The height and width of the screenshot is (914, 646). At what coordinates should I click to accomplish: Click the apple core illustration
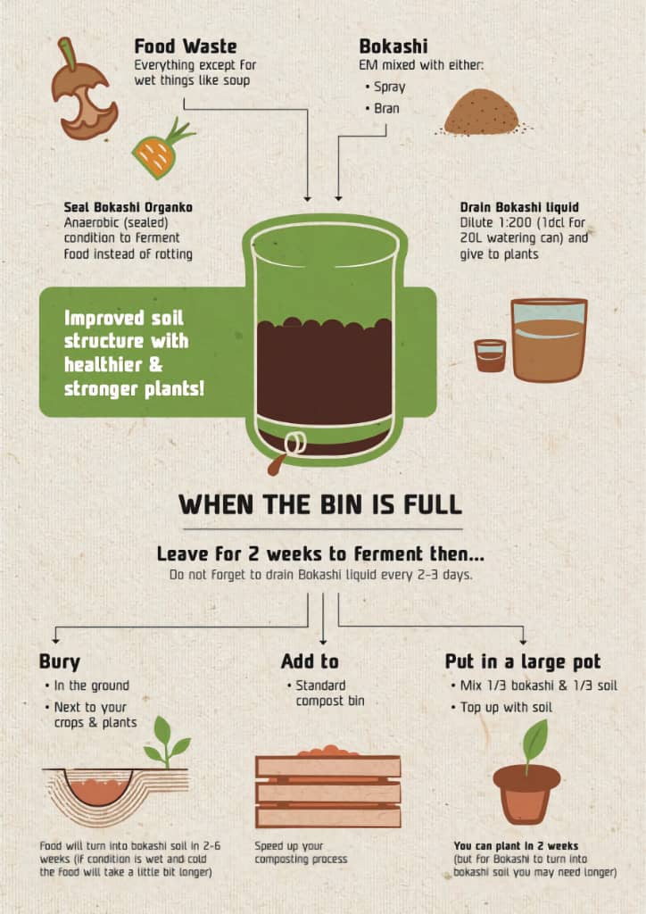(81, 99)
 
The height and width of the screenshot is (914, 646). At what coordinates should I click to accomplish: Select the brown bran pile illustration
(482, 112)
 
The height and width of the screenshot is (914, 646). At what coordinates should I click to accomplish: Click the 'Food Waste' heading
(186, 46)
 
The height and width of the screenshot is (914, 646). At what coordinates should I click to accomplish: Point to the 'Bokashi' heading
(393, 46)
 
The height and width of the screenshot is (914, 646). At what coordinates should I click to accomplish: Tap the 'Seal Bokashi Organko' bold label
(128, 207)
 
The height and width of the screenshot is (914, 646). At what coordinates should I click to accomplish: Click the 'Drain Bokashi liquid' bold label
(519, 207)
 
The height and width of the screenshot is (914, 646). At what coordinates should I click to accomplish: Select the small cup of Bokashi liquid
(490, 355)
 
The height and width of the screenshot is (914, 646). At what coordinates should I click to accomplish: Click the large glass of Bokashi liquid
(549, 340)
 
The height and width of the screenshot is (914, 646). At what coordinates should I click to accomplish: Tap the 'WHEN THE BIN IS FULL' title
(320, 504)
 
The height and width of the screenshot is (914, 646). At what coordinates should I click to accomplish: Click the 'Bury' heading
(60, 661)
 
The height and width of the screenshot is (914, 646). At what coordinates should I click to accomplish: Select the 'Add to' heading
(310, 661)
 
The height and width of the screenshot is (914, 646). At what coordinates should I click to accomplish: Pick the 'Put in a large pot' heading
(523, 661)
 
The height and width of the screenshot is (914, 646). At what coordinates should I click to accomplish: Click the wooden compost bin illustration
(328, 787)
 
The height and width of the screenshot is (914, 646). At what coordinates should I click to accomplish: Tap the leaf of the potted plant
(535, 738)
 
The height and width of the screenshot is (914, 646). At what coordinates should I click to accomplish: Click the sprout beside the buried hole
(167, 742)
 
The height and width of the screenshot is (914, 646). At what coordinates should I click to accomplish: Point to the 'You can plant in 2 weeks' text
(516, 846)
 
